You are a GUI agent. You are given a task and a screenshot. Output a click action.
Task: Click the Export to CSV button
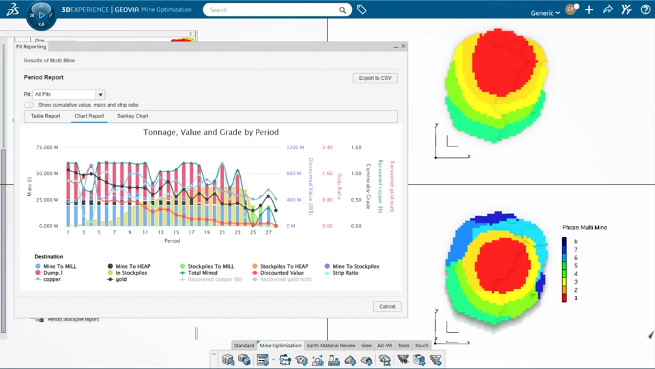[x=375, y=78]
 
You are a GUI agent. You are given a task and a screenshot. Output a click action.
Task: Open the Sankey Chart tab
[x=132, y=116]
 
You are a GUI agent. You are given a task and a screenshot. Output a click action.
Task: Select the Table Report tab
[x=46, y=116]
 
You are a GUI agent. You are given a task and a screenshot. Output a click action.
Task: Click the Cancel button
[x=387, y=306]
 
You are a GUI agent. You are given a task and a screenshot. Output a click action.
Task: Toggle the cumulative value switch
[x=29, y=105]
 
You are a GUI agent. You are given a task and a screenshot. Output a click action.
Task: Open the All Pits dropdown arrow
[x=100, y=94]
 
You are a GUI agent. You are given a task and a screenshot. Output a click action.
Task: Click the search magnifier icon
[x=343, y=10]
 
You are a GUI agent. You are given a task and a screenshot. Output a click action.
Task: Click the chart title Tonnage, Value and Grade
[x=211, y=133]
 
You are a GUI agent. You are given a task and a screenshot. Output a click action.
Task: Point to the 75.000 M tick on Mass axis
[x=47, y=148]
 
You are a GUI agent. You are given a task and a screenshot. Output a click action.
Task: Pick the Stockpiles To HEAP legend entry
[x=283, y=266]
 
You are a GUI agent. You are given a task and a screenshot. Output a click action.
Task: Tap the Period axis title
[x=172, y=241]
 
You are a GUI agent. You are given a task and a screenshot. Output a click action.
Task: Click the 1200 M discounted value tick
[x=295, y=148]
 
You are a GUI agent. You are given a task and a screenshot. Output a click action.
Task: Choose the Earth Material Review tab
[x=331, y=346]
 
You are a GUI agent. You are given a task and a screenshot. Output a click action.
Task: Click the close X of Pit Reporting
[x=403, y=46]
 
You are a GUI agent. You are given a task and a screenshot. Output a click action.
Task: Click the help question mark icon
[x=645, y=10]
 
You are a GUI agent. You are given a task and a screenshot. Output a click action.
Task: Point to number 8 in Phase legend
[x=576, y=242]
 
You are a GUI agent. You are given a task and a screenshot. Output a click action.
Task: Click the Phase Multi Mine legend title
[x=584, y=228]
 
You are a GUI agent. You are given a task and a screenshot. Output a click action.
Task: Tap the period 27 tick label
[x=269, y=232]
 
